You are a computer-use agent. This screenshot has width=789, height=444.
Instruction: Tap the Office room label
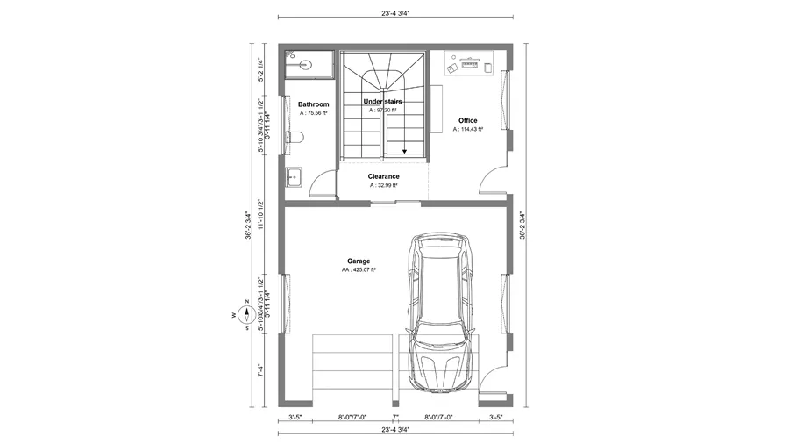click(467, 120)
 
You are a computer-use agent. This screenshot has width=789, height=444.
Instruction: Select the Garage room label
click(358, 261)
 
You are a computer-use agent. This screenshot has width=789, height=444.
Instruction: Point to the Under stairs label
click(382, 102)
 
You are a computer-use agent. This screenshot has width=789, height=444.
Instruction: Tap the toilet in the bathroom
click(295, 137)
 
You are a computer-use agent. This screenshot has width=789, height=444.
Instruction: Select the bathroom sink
click(293, 176)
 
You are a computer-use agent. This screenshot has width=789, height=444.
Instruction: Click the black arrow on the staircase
click(404, 150)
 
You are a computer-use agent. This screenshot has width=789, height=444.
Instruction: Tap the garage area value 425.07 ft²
click(359, 270)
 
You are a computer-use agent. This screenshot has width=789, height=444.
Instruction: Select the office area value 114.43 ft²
click(468, 129)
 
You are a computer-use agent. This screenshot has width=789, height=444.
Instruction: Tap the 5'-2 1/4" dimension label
click(260, 69)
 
